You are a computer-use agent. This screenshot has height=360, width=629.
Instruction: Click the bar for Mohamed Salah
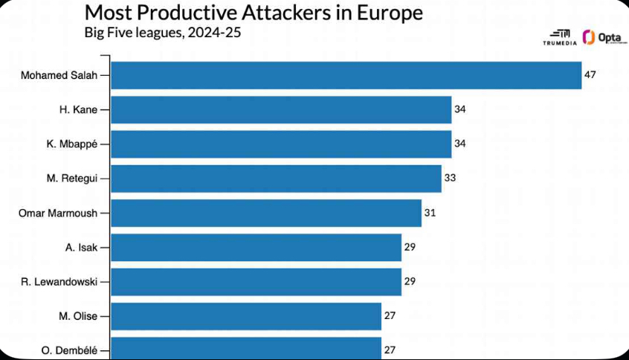point(346,75)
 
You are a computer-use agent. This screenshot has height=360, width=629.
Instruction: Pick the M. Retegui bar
point(276,179)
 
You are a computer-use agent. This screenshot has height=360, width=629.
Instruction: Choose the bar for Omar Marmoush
point(266,213)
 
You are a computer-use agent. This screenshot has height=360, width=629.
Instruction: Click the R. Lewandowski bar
point(256,281)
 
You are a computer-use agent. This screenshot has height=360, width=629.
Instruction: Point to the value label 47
point(590,75)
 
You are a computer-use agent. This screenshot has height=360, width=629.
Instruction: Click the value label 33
point(450,179)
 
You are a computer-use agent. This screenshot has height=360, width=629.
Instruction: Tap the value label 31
point(430,213)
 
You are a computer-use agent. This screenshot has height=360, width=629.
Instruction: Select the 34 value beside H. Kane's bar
point(459,109)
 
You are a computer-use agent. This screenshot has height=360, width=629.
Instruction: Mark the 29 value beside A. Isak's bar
point(410,247)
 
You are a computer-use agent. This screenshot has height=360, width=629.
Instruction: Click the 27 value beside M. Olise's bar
point(390,315)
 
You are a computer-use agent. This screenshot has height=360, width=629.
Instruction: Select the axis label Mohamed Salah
point(59,75)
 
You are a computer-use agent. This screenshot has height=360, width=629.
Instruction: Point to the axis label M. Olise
point(78,315)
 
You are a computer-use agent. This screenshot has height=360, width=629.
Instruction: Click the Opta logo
point(601,38)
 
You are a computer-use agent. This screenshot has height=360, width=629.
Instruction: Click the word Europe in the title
point(386,13)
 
